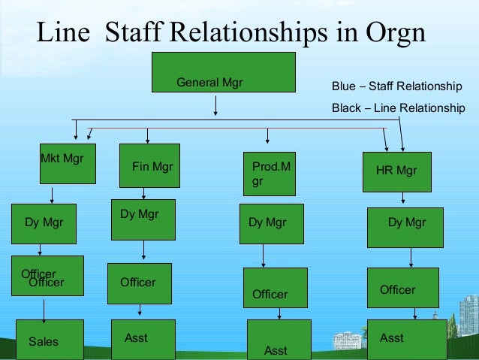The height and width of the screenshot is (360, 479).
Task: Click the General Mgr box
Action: (x=212, y=82)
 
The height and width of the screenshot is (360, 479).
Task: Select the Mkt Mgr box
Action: (x=68, y=162)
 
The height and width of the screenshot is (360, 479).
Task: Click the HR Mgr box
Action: (x=395, y=171)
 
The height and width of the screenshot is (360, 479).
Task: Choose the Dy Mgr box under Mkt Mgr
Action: (x=44, y=223)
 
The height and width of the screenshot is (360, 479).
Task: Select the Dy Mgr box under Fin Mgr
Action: (x=143, y=219)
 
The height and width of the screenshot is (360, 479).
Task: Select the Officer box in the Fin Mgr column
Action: (x=139, y=283)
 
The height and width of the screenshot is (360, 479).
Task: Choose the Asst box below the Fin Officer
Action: (x=143, y=339)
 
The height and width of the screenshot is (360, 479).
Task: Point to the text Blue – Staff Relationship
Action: (x=397, y=86)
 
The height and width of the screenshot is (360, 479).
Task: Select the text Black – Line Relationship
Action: (x=399, y=108)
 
